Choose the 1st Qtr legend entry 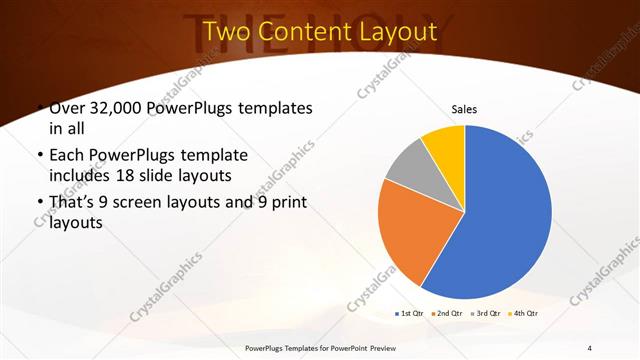coord(409,313)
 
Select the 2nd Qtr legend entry coord(446,313)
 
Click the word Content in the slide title coord(297,32)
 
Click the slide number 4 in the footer coord(590,347)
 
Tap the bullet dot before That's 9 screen coord(39,204)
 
